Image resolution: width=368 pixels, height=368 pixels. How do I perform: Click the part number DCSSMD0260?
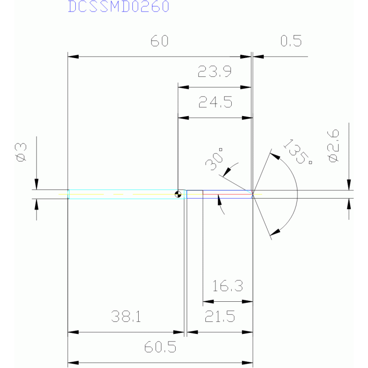pos(119,7)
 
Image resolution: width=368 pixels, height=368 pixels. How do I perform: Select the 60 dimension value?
pos(160,42)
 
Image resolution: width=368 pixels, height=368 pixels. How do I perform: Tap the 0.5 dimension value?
pos(291,42)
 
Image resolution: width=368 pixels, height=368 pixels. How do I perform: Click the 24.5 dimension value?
pos(215,102)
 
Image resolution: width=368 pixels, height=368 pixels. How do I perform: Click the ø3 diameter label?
pos(21,153)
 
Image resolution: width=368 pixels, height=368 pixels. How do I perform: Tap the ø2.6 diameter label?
pos(333,144)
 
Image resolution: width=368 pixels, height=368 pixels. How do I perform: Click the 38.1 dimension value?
pos(126,317)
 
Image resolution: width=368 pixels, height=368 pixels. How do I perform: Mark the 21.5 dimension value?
pos(219,317)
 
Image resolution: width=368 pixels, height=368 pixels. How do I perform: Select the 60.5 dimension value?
pos(160,347)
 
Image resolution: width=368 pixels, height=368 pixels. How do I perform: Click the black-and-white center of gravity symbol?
pos(178,194)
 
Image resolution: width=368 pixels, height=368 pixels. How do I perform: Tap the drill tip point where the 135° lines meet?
pos(252,194)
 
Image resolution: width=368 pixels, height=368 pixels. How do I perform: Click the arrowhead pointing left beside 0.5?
pos(258,57)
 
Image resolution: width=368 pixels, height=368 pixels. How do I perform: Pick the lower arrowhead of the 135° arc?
pos(274,234)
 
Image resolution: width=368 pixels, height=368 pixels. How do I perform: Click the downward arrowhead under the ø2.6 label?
pos(349,185)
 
